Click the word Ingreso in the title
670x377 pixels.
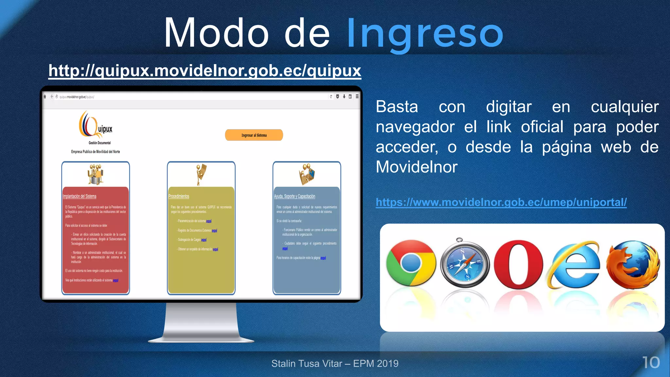pos(425,33)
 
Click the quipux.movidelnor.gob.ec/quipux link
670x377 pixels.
pos(205,71)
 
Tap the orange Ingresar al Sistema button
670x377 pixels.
pos(254,135)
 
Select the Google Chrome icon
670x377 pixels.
pos(411,263)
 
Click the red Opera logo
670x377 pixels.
pos(519,264)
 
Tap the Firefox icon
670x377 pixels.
pos(633,264)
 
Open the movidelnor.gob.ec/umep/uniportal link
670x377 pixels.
pos(501,202)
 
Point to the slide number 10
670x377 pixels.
pos(651,363)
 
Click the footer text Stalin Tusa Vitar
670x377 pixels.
pos(307,364)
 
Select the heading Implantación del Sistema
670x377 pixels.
pos(79,196)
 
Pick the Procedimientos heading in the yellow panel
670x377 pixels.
pos(179,196)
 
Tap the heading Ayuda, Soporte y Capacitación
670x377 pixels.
pos(294,196)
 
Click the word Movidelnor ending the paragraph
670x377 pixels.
pos(416,167)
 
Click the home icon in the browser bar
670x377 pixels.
pos(45,97)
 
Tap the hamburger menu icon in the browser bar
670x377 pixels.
pos(357,97)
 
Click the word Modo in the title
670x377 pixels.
pos(216,33)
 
